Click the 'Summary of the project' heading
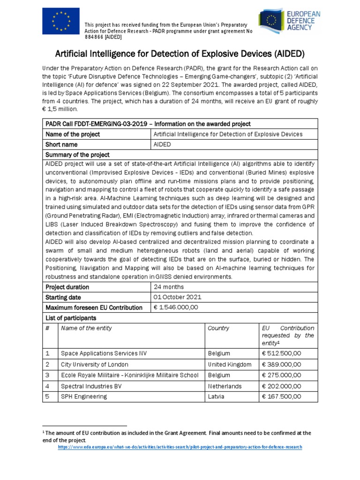(x=77, y=155)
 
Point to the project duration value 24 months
(x=169, y=287)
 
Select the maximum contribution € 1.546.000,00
(x=176, y=307)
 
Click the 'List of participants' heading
(x=70, y=318)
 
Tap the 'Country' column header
(x=218, y=328)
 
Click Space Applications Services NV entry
(x=104, y=353)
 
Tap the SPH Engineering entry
(x=84, y=397)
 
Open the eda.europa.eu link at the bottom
(x=180, y=447)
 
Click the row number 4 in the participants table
(x=47, y=386)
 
